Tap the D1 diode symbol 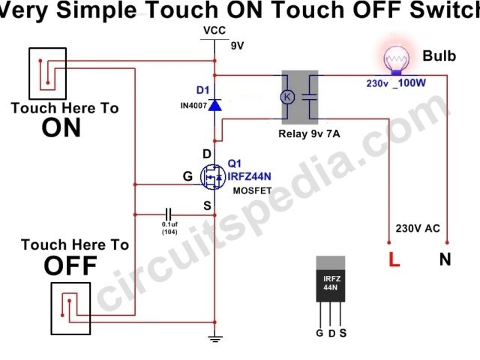pos(215,105)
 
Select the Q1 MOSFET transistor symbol pos(214,176)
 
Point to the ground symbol pos(215,340)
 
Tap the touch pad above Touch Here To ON pos(47,73)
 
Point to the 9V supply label pos(238,46)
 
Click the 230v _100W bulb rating pos(397,82)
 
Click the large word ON pos(61,128)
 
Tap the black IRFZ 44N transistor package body pos(330,282)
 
